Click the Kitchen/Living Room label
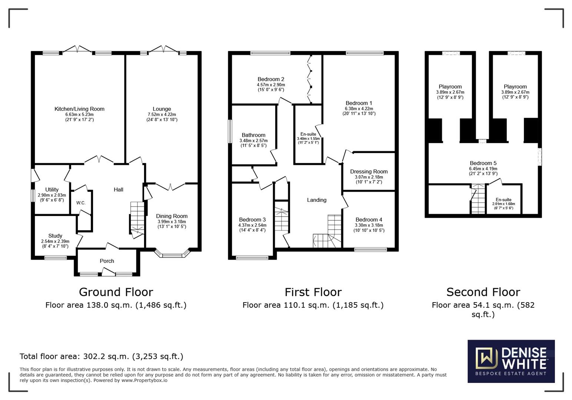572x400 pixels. coord(79,109)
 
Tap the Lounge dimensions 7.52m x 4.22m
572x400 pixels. coord(162,114)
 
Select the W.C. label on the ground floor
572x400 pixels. coord(81,203)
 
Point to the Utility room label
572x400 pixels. coord(52,190)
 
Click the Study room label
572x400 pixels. coord(55,236)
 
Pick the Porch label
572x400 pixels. coord(107,261)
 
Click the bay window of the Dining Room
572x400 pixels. coord(172,253)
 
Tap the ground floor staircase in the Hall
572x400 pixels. coord(137,218)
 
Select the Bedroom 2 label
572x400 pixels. coord(271,79)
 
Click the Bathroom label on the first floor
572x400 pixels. coord(253,135)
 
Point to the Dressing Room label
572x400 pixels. coord(369,171)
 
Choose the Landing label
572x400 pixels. coord(317,200)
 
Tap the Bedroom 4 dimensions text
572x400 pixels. coord(369,228)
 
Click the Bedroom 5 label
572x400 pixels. coord(483,163)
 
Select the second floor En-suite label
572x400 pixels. coord(503,200)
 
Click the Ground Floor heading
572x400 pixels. coord(116,292)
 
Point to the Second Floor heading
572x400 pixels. coord(483,292)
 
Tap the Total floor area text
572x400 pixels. coord(102,356)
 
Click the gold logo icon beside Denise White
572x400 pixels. coord(486,358)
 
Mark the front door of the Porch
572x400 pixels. coord(108,271)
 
